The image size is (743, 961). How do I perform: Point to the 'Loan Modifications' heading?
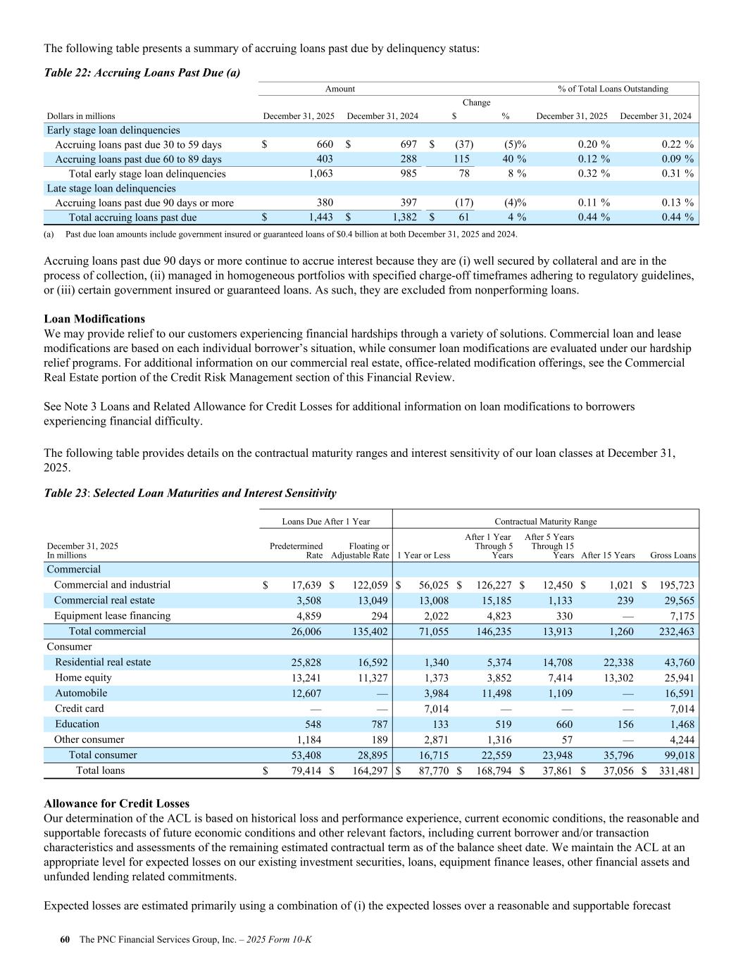click(94, 319)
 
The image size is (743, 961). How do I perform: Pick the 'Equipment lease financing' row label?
click(112, 616)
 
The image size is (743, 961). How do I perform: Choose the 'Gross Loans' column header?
click(673, 555)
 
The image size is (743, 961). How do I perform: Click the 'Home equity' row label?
click(83, 678)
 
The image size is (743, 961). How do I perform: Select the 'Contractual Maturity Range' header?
click(545, 522)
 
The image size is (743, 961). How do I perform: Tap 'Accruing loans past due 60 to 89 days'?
click(138, 159)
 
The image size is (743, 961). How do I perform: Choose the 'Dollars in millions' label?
click(81, 116)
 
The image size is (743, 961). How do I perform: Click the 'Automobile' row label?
click(81, 693)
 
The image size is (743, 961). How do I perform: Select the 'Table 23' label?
click(65, 494)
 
